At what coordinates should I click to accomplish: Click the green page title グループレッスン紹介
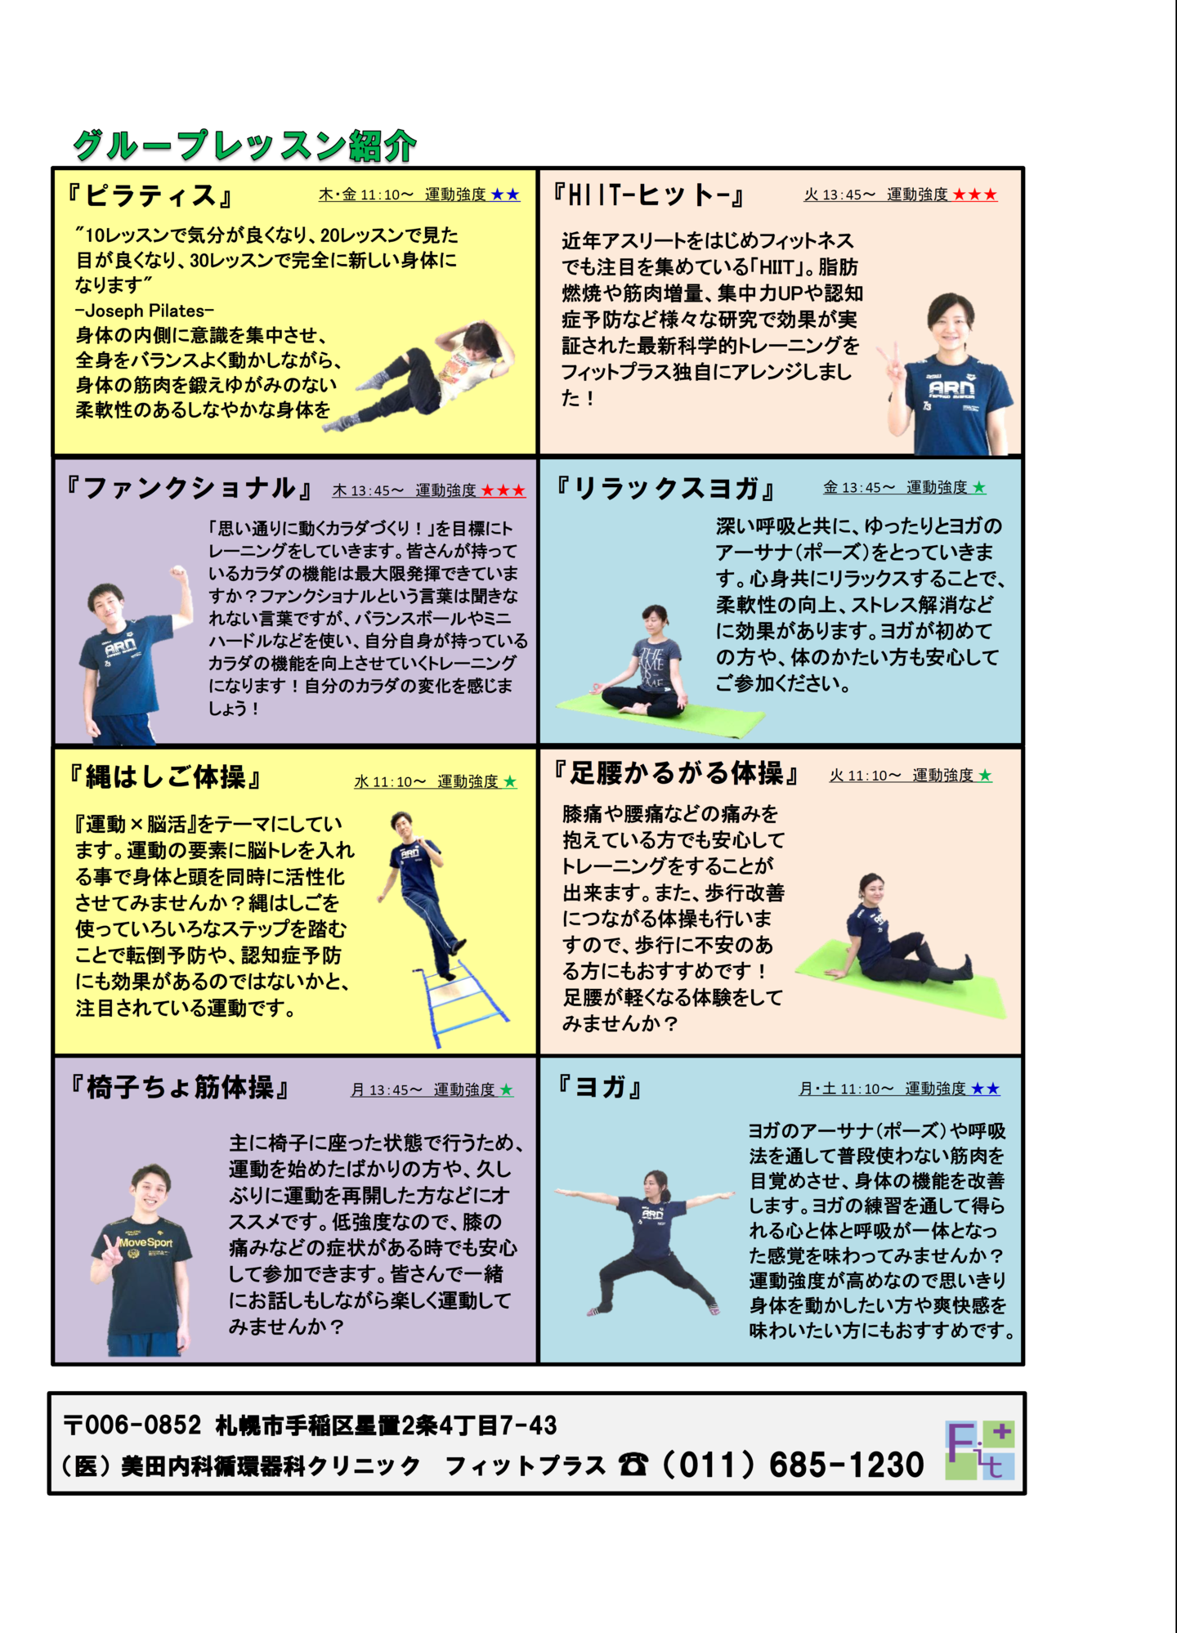coord(245,145)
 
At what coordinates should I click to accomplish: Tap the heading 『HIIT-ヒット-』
coord(649,195)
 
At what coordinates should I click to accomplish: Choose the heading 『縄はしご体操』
coord(165,776)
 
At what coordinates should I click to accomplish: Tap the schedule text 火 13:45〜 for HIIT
coord(839,195)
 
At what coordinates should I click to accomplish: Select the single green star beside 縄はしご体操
coord(510,781)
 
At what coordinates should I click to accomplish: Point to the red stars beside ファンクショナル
coord(503,490)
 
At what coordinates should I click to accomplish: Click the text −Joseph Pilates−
coord(145,311)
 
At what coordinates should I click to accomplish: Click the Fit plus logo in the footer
coord(980,1450)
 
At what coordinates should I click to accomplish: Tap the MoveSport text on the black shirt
coord(145,1242)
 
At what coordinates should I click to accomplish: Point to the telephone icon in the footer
coord(633,1464)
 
